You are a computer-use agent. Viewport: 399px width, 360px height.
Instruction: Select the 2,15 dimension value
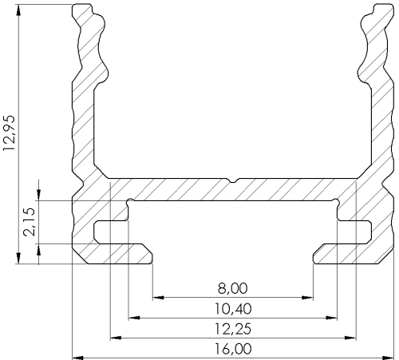click(x=30, y=222)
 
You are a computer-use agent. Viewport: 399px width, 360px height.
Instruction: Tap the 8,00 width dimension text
click(x=232, y=288)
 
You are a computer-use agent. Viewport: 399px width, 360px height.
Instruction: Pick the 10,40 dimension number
click(x=233, y=309)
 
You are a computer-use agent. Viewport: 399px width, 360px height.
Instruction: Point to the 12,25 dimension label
click(x=233, y=329)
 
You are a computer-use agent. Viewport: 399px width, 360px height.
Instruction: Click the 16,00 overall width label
click(x=233, y=349)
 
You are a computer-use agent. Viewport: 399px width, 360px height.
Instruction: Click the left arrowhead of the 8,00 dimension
click(x=158, y=297)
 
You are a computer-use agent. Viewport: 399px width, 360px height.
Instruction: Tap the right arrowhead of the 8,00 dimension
click(x=308, y=297)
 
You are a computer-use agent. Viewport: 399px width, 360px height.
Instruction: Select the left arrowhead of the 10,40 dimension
click(x=134, y=318)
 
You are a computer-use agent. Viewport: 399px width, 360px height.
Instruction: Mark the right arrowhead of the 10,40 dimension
click(x=332, y=318)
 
